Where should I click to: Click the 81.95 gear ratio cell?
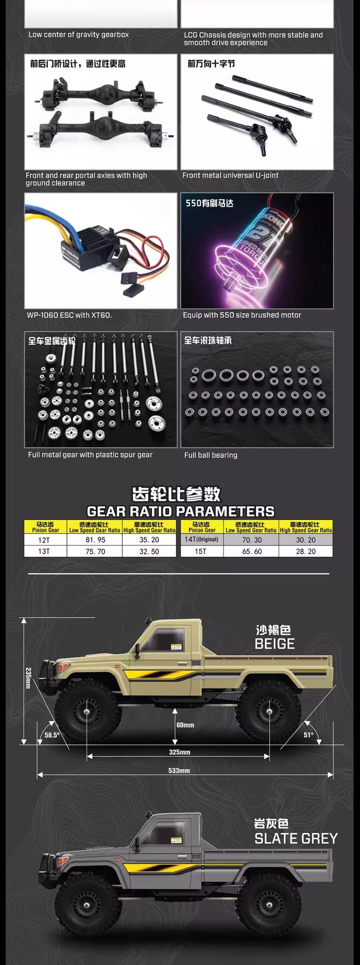click(95, 540)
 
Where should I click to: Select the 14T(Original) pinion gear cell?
click(201, 539)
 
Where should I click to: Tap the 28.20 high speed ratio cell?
click(306, 551)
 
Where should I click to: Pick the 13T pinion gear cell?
click(44, 551)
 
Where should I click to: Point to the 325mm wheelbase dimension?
click(179, 752)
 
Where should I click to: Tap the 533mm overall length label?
click(179, 770)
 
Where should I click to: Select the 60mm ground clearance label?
click(185, 725)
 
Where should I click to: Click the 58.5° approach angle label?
click(52, 735)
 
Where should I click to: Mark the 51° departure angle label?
click(308, 735)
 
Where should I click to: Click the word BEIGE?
click(275, 644)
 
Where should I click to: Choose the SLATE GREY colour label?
click(296, 838)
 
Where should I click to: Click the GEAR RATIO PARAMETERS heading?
click(180, 511)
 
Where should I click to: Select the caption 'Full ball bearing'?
click(211, 455)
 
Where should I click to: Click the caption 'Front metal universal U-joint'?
click(230, 175)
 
